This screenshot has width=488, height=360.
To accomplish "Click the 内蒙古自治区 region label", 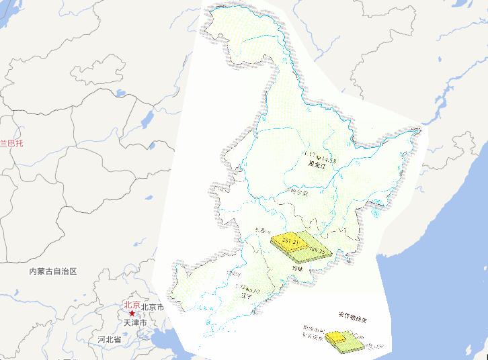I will click(x=54, y=271).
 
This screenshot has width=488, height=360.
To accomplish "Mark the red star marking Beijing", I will click(x=132, y=314).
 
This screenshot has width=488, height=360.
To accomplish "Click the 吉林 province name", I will click(x=297, y=268).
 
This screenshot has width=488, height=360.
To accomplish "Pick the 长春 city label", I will click(x=264, y=232).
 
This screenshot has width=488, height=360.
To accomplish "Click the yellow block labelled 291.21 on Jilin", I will click(x=286, y=240).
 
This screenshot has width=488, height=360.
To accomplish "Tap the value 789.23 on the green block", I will click(x=316, y=252).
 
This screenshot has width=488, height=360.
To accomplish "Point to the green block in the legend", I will click(x=355, y=343).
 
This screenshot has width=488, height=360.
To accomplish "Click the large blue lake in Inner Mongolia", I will click(x=145, y=121).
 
